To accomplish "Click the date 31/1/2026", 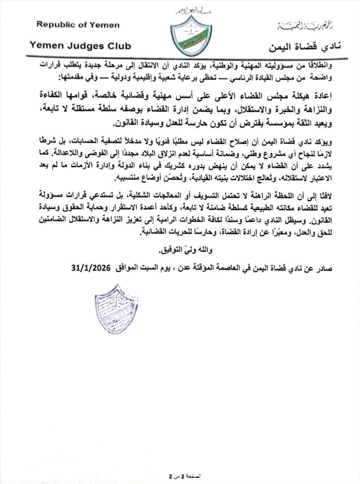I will coord(90,266).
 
